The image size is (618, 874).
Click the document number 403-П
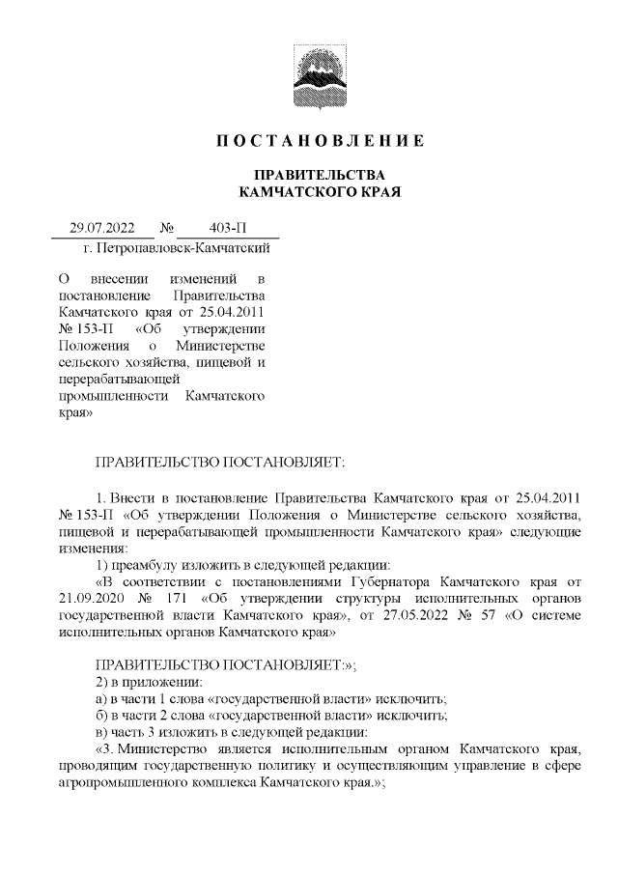tap(228, 229)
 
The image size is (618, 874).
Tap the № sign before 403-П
tap(165, 229)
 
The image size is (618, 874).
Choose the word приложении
tap(156, 683)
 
